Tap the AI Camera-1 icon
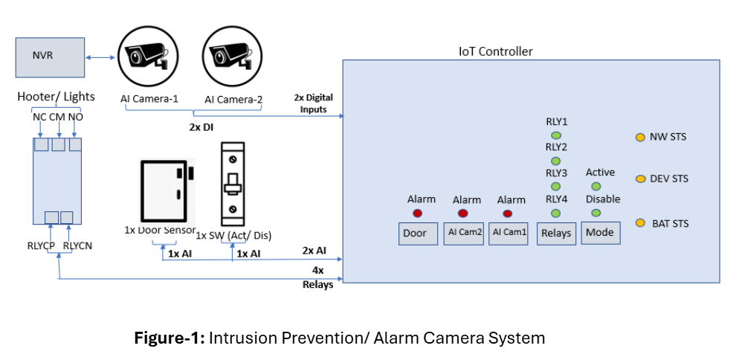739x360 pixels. click(150, 56)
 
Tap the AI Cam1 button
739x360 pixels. click(509, 233)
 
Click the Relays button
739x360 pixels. click(556, 233)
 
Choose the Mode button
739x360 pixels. click(599, 232)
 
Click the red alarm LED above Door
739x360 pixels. click(417, 213)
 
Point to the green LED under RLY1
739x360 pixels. click(555, 135)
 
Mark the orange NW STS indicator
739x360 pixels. click(639, 137)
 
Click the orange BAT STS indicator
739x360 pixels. click(639, 223)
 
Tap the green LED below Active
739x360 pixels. click(596, 186)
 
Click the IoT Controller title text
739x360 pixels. click(495, 51)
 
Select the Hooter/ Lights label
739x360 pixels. click(57, 97)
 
